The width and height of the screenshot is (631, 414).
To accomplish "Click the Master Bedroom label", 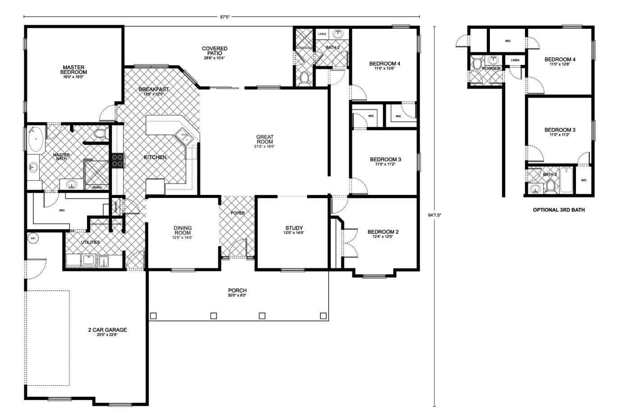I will (x=74, y=70).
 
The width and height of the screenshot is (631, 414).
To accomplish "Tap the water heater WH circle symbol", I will (x=32, y=238).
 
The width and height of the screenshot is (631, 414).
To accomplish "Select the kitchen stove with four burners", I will (x=118, y=160).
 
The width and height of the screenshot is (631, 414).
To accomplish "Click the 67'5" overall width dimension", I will (x=225, y=17).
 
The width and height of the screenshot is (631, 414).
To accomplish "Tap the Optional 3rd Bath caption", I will (x=558, y=210).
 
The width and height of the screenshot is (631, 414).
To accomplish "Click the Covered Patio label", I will (x=215, y=51).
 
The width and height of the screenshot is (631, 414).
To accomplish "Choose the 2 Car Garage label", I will (x=107, y=330).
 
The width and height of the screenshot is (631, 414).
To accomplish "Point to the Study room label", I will (x=294, y=229).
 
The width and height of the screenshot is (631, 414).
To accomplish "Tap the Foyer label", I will (x=238, y=213).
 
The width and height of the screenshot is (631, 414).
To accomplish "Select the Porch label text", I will (x=237, y=291).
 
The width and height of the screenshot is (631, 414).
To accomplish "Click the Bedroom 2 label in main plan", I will (x=383, y=232).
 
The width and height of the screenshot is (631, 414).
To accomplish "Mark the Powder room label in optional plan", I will (x=491, y=68).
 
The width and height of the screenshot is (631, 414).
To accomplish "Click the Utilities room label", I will (x=90, y=242).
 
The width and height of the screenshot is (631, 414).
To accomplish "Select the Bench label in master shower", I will (x=97, y=187).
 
